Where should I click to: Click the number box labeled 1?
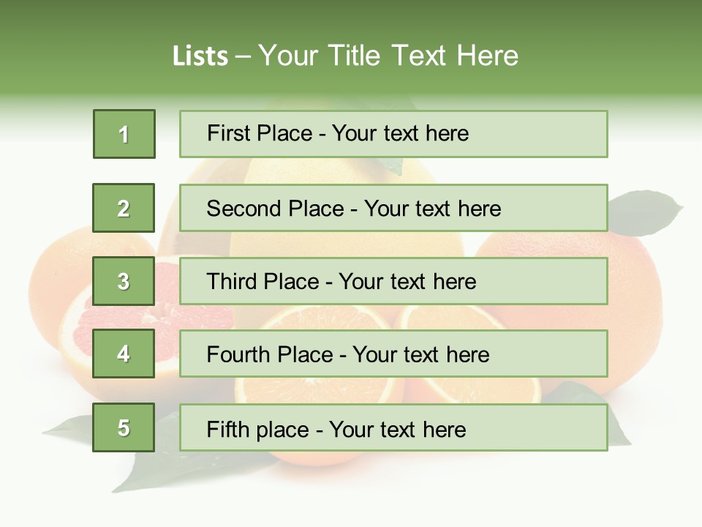pyautogui.click(x=124, y=134)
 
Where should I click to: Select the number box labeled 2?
pyautogui.click(x=124, y=208)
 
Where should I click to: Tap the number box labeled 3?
pyautogui.click(x=124, y=281)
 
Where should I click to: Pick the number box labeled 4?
pyautogui.click(x=124, y=354)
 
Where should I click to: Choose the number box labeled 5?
pyautogui.click(x=124, y=427)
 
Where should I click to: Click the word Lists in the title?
pyautogui.click(x=200, y=56)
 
